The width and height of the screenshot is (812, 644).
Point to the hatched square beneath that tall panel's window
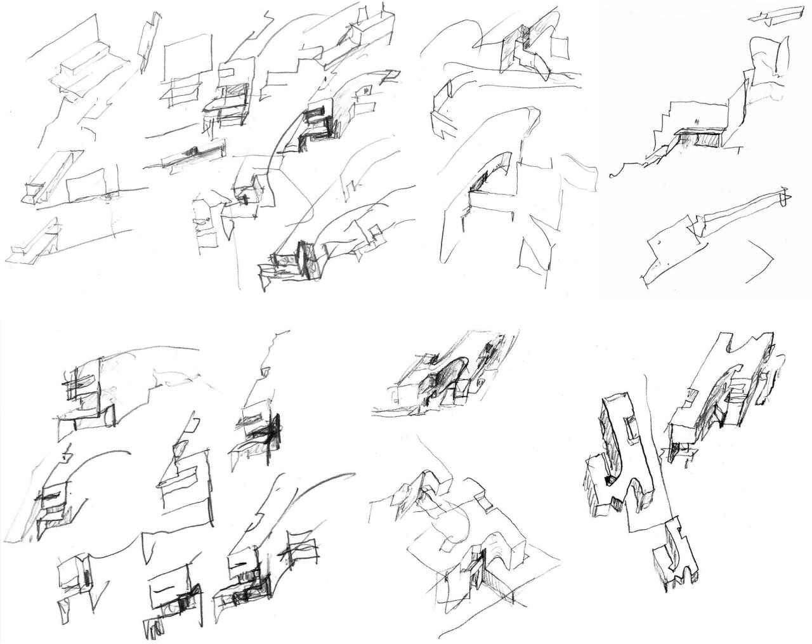[233, 91]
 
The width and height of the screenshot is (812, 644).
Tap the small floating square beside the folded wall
[560, 46]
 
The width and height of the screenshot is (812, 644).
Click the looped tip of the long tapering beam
[784, 196]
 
